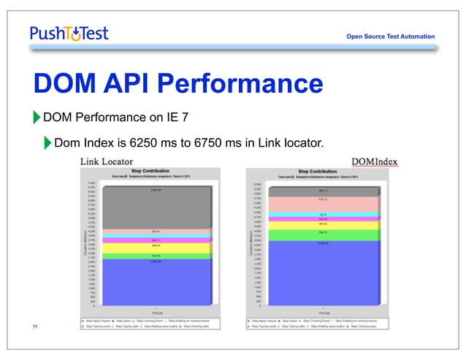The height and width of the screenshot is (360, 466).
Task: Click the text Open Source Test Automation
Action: [390, 37]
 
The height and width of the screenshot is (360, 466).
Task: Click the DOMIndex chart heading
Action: [374, 160]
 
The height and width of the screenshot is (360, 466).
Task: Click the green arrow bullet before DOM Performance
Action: [37, 117]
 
